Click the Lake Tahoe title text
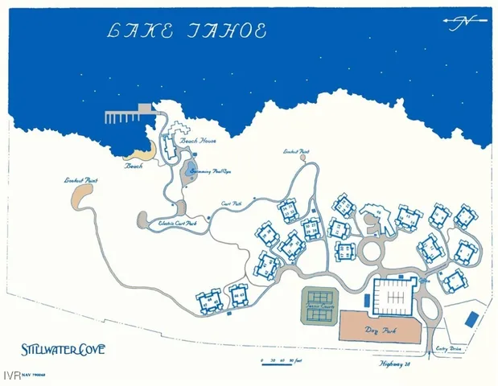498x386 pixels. (187, 31)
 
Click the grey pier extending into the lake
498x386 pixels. (129, 115)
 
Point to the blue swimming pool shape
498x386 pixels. (191, 170)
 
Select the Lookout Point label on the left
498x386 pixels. (80, 180)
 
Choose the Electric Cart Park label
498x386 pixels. (178, 223)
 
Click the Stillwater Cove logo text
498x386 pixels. (64, 350)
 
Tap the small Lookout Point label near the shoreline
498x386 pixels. (297, 150)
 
